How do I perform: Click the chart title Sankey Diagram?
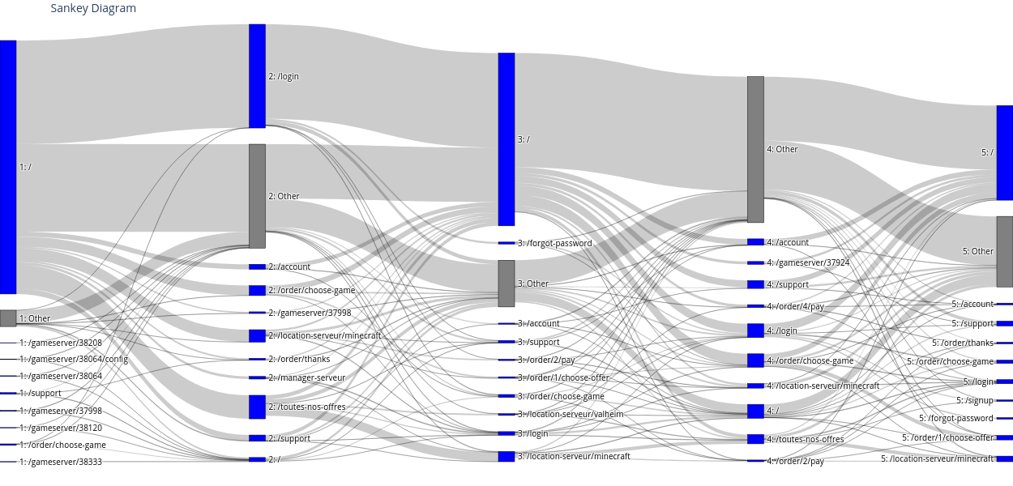point(93,9)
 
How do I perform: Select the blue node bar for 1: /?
point(8,167)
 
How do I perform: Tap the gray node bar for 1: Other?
point(8,318)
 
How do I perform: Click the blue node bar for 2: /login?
point(257,76)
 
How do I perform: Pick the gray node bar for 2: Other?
point(257,196)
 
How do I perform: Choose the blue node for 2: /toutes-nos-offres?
point(257,407)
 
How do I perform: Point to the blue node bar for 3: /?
point(506,139)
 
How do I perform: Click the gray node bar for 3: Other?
point(506,283)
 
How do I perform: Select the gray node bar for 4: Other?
point(755,149)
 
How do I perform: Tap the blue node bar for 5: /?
point(1005,152)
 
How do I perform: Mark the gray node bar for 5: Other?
point(1005,251)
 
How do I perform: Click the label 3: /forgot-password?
point(554,243)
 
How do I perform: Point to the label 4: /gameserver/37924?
point(808,262)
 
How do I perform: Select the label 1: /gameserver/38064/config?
point(74,359)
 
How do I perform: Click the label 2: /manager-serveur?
point(306,377)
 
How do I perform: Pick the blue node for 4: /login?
point(755,330)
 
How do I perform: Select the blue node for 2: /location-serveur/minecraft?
point(257,335)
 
